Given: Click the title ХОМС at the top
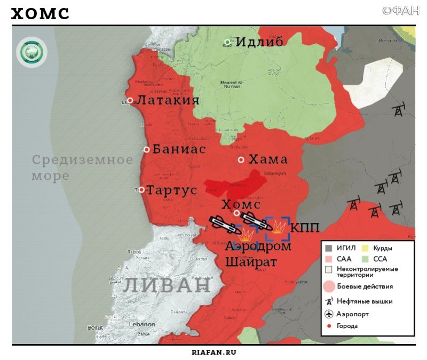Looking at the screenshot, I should [x=41, y=14].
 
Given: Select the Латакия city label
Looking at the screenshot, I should [x=168, y=100].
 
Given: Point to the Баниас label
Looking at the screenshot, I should [x=179, y=149].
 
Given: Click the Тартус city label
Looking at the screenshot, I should [x=171, y=190].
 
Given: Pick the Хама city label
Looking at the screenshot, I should [x=268, y=159].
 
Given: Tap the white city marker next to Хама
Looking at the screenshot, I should [x=241, y=159].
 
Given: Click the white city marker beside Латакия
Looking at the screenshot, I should [x=130, y=100].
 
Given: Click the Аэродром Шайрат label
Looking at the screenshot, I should [x=258, y=254].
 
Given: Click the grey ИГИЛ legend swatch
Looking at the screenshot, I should [x=329, y=248].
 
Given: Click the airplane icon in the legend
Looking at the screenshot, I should [x=329, y=314].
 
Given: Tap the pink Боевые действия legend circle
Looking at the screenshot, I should [x=329, y=287].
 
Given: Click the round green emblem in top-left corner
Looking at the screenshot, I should [x=31, y=52].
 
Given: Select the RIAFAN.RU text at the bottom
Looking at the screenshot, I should [x=213, y=352].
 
